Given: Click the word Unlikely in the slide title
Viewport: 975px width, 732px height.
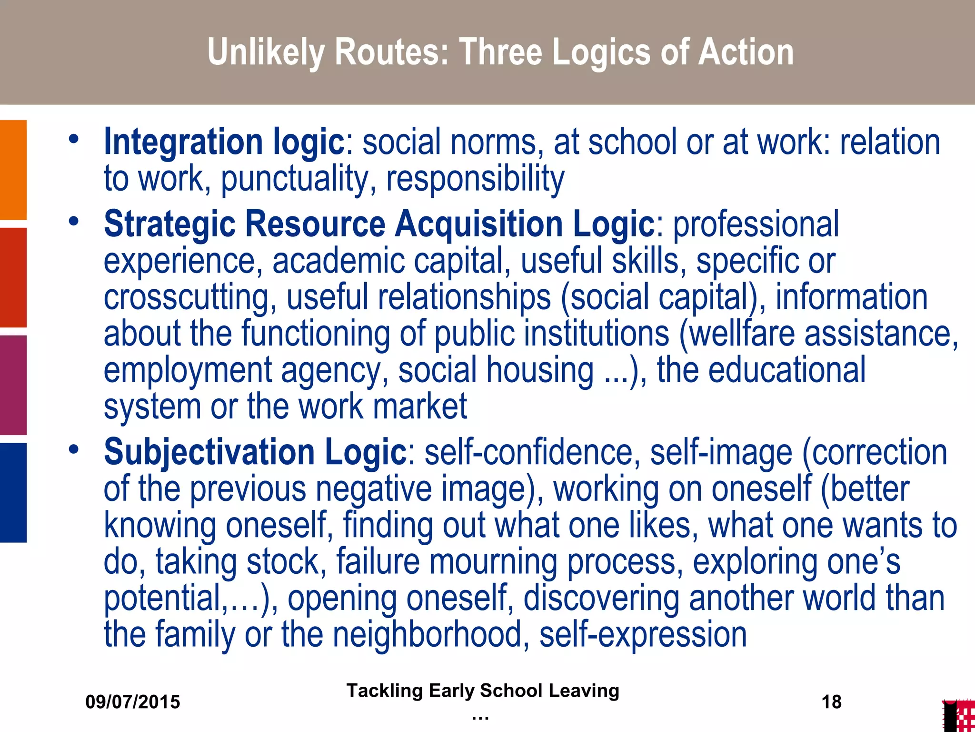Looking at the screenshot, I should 267,52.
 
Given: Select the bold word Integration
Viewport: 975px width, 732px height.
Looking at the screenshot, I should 183,142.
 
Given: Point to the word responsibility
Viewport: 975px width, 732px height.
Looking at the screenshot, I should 475,179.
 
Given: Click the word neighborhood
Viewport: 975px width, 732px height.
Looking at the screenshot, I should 431,634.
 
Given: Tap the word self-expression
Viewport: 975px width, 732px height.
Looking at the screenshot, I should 643,634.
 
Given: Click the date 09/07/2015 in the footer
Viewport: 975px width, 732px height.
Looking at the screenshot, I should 133,702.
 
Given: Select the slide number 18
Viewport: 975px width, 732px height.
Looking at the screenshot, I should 831,702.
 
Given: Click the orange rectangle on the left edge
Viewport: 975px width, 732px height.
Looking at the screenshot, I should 13,170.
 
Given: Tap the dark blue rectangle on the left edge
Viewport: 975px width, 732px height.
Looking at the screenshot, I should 13,492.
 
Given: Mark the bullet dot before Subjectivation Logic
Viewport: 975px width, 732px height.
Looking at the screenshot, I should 73,449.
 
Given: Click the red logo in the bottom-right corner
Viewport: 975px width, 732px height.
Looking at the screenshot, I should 959,716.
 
